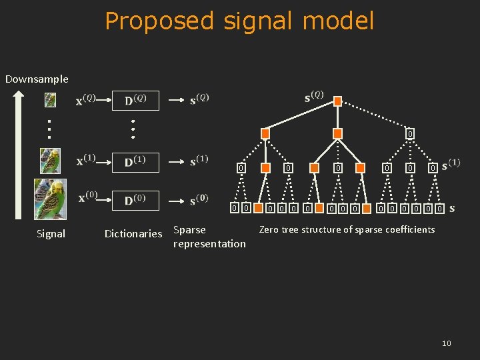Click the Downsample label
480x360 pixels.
click(37, 79)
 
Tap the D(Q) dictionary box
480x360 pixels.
click(135, 100)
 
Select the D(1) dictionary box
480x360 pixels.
click(135, 162)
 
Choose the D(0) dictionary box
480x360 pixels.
click(135, 199)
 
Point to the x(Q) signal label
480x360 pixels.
click(86, 100)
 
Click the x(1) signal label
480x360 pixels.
click(86, 161)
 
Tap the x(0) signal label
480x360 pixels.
click(87, 198)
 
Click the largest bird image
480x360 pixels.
click(51, 199)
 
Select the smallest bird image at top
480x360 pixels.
click(50, 100)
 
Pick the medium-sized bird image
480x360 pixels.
click(50, 161)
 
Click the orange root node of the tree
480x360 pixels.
click(337, 101)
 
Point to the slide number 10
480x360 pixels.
click(446, 343)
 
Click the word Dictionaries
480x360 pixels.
click(133, 233)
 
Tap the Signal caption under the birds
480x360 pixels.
click(51, 233)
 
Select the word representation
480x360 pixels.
click(209, 243)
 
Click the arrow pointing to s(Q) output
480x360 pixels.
click(175, 100)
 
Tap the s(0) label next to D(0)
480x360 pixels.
click(199, 199)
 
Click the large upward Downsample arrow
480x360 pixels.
click(19, 157)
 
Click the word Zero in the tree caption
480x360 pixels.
click(269, 229)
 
